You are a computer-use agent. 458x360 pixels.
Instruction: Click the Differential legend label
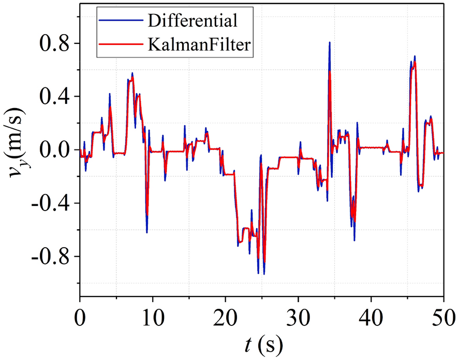coord(193,21)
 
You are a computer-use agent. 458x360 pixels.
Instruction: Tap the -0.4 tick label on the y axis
coord(50,203)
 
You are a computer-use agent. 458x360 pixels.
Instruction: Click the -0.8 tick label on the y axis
coord(50,257)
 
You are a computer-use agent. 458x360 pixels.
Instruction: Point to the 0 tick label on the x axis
coord(80,316)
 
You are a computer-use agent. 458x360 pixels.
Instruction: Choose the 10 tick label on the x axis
coord(153,316)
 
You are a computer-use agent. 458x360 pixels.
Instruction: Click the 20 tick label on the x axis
coord(226,316)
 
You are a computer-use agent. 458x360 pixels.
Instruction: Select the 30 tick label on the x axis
coord(298,316)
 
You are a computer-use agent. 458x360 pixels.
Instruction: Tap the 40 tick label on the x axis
coord(371,316)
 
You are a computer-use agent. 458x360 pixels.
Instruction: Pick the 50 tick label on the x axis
coord(444,316)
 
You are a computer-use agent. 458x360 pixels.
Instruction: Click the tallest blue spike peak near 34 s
coord(329,43)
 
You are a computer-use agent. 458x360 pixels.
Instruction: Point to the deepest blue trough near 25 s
coord(264,274)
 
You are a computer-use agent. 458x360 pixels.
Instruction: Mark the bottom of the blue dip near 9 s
coord(147,232)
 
